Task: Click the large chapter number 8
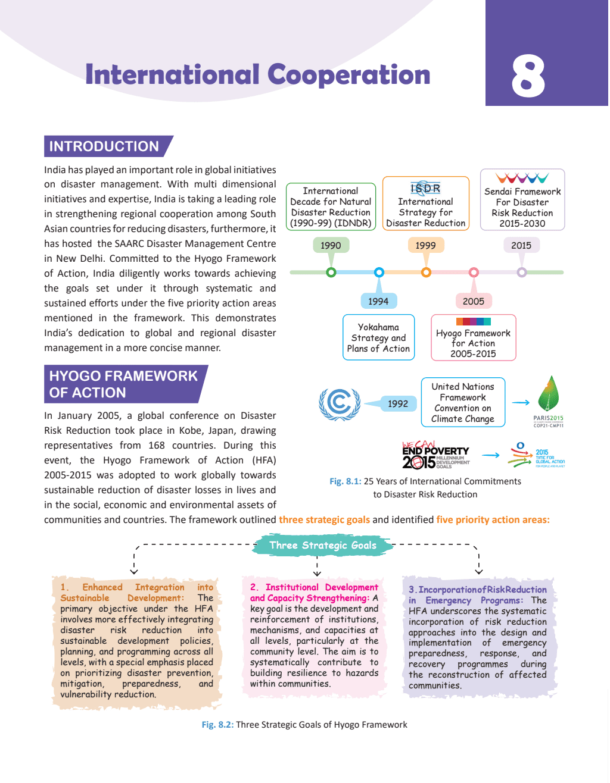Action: [528, 76]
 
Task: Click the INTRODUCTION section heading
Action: [104, 146]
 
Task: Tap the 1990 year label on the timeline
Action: [331, 245]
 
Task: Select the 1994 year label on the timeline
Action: [378, 301]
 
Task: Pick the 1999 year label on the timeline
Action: [425, 245]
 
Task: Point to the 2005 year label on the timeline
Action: [474, 301]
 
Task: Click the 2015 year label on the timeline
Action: [521, 245]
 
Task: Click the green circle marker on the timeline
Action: [331, 273]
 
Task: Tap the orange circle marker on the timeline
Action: [426, 273]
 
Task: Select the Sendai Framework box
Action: [522, 201]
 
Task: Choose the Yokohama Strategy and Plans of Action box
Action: [378, 337]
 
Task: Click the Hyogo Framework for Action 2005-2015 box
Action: [473, 338]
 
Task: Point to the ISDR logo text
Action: [425, 189]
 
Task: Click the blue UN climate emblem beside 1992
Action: [340, 403]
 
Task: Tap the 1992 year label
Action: [398, 403]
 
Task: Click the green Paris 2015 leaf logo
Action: [548, 397]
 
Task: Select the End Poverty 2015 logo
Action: [435, 455]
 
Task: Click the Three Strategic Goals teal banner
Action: [323, 545]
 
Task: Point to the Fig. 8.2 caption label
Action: [217, 725]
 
